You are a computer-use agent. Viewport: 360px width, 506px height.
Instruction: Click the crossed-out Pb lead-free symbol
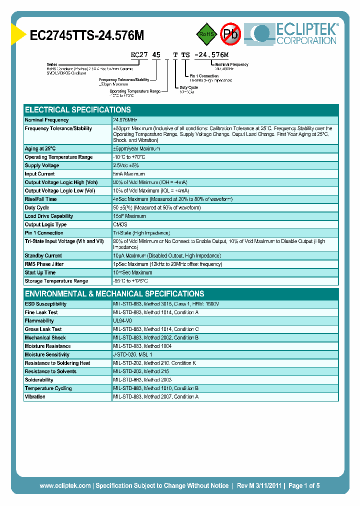pos(231,34)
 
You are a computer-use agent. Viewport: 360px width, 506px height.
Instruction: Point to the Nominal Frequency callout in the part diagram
pos(232,64)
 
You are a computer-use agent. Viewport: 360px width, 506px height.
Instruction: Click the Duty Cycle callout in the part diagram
pos(188,87)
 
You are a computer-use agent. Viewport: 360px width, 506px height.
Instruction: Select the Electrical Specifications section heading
pos(78,109)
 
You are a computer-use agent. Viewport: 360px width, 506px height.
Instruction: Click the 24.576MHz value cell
pos(125,120)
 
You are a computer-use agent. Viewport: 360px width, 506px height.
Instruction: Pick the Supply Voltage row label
pos(42,165)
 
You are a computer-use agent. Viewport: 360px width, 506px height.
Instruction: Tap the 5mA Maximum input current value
pos(129,174)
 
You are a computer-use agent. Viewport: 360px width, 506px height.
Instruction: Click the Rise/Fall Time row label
pos(40,199)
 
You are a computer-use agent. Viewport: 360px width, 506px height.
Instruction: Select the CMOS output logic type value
pos(120,224)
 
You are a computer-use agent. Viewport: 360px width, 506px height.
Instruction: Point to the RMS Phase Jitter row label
pos(44,264)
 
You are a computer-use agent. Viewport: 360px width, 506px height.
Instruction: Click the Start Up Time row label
pos(40,272)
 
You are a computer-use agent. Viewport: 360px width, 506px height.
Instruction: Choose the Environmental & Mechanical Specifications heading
pos(114,293)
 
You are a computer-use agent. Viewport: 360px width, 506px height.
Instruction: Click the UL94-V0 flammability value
pos(122,320)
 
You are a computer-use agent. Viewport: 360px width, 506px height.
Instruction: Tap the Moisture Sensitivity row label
pos(47,354)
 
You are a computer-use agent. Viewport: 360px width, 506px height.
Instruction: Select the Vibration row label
pos(35,396)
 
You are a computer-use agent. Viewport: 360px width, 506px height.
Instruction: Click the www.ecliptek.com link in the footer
pos(65,485)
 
